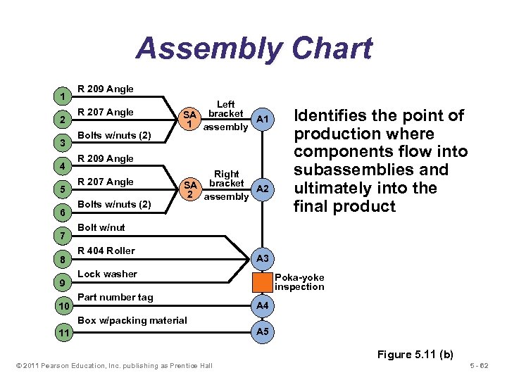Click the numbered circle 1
(x=63, y=96)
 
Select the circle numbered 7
(x=63, y=234)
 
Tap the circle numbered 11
(x=63, y=332)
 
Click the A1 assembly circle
(x=262, y=120)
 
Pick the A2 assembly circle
(x=262, y=189)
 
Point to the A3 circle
(x=262, y=258)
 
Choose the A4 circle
(x=262, y=306)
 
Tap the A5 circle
(x=262, y=331)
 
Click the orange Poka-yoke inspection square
(x=262, y=282)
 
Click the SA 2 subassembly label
(x=189, y=189)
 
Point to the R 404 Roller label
(x=106, y=251)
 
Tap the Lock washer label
(x=107, y=274)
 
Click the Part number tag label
(x=115, y=297)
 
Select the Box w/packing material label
(x=132, y=320)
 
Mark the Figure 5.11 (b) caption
(x=415, y=354)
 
